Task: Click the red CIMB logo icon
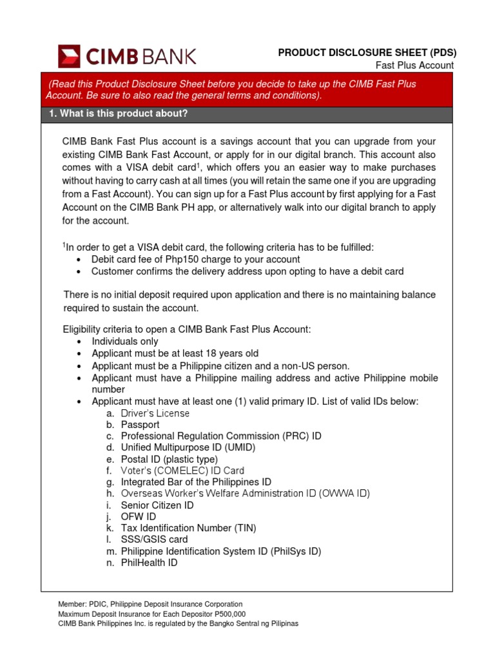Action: (69, 56)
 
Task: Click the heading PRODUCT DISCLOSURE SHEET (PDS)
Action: (366, 53)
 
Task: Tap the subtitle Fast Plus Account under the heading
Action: (414, 65)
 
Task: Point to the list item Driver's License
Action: (155, 413)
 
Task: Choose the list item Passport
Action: (140, 425)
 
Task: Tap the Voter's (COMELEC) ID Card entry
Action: (182, 471)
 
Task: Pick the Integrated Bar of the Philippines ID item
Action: (196, 482)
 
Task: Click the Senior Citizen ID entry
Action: (157, 505)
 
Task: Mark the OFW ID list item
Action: (138, 516)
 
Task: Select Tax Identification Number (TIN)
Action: (188, 528)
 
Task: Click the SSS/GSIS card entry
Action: (154, 539)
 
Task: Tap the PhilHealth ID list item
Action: (149, 563)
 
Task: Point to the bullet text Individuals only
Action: (124, 342)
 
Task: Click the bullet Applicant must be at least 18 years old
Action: (175, 353)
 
